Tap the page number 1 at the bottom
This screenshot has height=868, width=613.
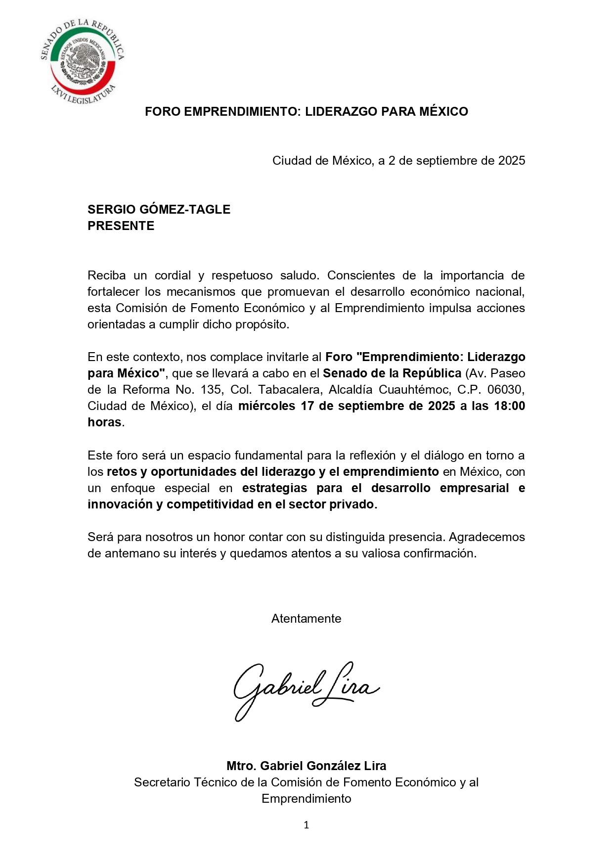pos(306,824)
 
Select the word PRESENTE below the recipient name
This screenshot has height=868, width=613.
pos(121,226)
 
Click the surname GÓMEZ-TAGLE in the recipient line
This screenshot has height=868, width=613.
pos(185,209)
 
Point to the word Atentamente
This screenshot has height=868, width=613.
pos(306,618)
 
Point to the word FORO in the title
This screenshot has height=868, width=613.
pos(163,111)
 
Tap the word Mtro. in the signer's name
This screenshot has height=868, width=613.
pos(241,766)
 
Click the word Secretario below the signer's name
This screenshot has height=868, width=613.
pos(162,782)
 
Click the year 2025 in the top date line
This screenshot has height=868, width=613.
pos(511,160)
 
